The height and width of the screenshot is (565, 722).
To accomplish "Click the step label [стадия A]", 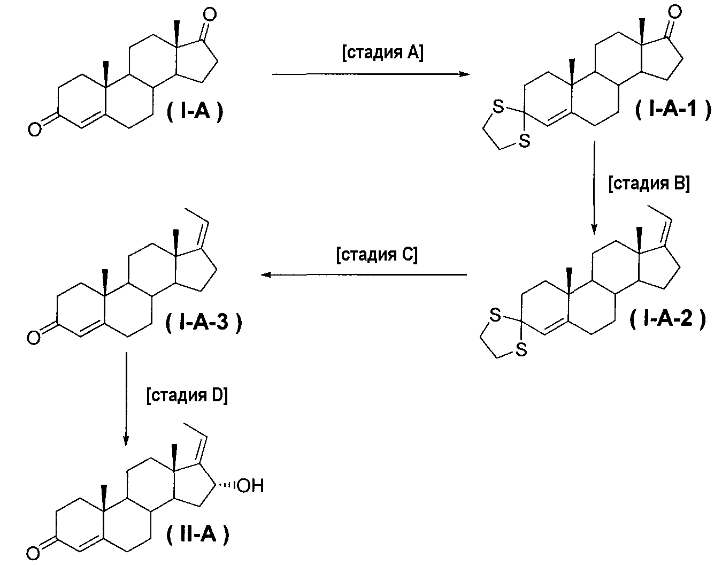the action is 383,53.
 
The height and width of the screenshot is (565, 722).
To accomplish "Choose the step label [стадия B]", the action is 649,184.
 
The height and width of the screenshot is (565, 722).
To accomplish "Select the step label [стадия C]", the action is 377,255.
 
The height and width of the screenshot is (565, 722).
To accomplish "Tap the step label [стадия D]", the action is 187,395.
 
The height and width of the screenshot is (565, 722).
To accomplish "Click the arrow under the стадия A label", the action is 371,74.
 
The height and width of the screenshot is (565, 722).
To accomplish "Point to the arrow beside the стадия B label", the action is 594,188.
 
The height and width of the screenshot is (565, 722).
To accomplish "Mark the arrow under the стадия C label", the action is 364,274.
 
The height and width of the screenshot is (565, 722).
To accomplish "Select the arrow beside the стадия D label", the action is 126,399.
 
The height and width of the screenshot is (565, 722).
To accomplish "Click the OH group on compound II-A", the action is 250,486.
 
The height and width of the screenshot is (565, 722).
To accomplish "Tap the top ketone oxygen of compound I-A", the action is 210,14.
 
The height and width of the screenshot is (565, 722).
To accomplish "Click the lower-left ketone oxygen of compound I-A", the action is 35,129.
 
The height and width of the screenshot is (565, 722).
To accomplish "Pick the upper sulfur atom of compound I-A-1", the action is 498,106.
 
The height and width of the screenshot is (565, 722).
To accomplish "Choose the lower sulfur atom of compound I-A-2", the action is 521,349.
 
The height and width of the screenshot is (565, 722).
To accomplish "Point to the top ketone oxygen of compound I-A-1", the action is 675,12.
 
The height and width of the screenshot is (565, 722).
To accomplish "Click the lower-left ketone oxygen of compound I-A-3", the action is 34,338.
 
